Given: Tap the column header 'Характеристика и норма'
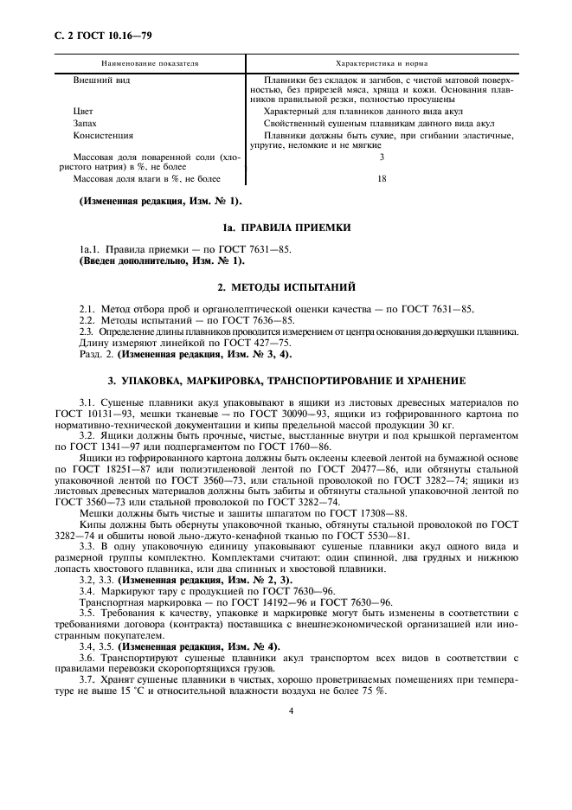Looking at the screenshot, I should point(381,64).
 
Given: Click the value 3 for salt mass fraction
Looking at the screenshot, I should point(381,157).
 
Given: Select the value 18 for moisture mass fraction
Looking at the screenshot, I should point(381,179).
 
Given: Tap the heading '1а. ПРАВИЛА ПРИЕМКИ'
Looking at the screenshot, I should point(286,228).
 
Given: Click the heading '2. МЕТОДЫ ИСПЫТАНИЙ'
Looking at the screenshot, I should point(286,286).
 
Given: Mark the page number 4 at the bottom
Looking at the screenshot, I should point(291,710).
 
